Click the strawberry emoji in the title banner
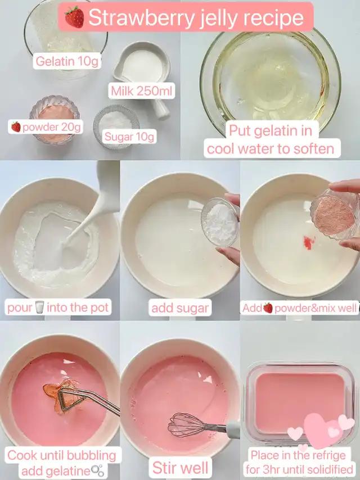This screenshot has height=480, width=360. coord(74,17)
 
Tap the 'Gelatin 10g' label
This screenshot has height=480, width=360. coord(67,61)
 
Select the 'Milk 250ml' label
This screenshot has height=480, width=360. coord(142,91)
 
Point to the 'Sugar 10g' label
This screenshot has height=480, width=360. coord(129,137)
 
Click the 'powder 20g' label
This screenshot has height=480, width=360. coord(46,126)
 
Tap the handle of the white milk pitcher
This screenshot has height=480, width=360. coord(161,108)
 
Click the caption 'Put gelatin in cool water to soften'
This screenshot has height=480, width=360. coord(271,139)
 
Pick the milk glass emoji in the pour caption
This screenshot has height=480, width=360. coord(40,307)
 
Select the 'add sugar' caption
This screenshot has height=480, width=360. coord(180,307)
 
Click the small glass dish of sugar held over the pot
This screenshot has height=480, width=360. coord(220,221)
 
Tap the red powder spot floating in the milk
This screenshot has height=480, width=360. coord(309,242)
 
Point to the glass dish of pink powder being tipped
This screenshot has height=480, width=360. coord(334,214)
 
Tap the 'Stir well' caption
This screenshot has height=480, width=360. coord(181,468)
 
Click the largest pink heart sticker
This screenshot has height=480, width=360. coord(321,432)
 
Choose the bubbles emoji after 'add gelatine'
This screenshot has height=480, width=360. coord(98,470)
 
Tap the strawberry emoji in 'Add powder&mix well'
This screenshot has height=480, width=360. coord(268,307)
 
